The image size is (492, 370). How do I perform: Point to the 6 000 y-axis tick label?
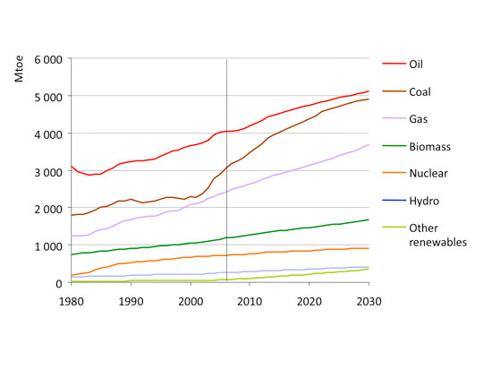point(46,59)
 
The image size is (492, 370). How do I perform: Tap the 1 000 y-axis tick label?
point(46,245)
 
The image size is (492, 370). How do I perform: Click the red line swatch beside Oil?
point(393,65)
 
